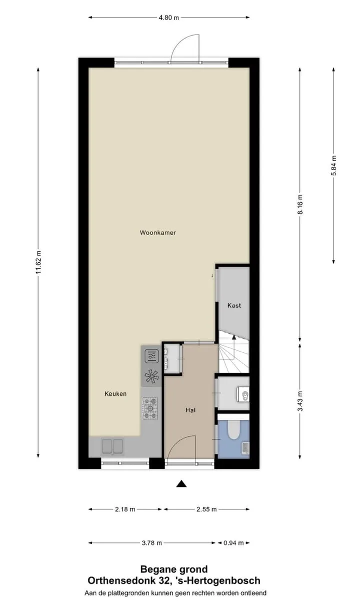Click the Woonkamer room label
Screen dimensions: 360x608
pyautogui.click(x=158, y=233)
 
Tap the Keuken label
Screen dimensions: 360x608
pyautogui.click(x=115, y=394)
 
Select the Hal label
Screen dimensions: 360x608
pyautogui.click(x=190, y=410)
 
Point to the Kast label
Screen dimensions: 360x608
pyautogui.click(x=234, y=305)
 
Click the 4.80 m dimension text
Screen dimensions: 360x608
pyautogui.click(x=168, y=18)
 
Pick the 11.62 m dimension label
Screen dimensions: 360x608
pyautogui.click(x=38, y=262)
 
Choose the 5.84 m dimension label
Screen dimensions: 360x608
pyautogui.click(x=333, y=166)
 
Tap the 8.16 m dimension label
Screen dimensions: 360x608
pyautogui.click(x=300, y=204)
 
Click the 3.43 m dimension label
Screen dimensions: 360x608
pyautogui.click(x=300, y=401)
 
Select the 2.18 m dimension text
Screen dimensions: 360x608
pyautogui.click(x=125, y=509)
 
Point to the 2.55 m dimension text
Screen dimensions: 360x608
pyautogui.click(x=206, y=509)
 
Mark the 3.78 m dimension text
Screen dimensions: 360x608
pyautogui.click(x=152, y=543)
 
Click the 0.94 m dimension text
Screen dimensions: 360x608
pyautogui.click(x=233, y=543)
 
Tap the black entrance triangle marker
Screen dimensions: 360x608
pyautogui.click(x=181, y=484)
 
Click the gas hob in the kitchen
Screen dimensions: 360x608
pyautogui.click(x=150, y=408)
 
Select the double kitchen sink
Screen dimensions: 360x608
pyautogui.click(x=112, y=446)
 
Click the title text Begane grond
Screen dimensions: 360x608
pyautogui.click(x=174, y=569)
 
